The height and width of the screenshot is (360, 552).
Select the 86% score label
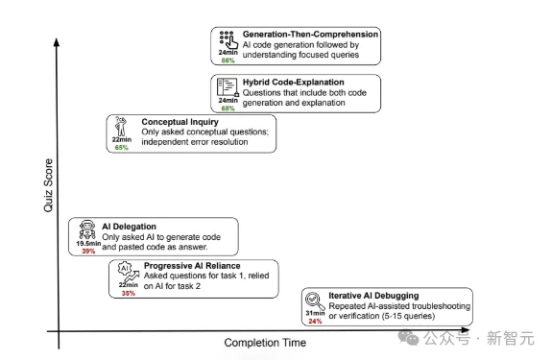pyautogui.click(x=228, y=60)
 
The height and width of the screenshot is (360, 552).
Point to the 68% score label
pyautogui.click(x=228, y=108)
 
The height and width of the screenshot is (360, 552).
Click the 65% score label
pyautogui.click(x=122, y=148)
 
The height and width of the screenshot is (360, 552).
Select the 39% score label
pyautogui.click(x=88, y=251)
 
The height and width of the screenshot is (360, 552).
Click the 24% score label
pyautogui.click(x=314, y=322)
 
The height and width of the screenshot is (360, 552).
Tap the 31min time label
pyautogui.click(x=314, y=314)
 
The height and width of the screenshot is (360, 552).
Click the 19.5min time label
pyautogui.click(x=88, y=244)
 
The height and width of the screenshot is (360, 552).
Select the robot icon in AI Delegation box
pyautogui.click(x=88, y=229)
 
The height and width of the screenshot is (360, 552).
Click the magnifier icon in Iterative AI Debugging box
pyautogui.click(x=314, y=300)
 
